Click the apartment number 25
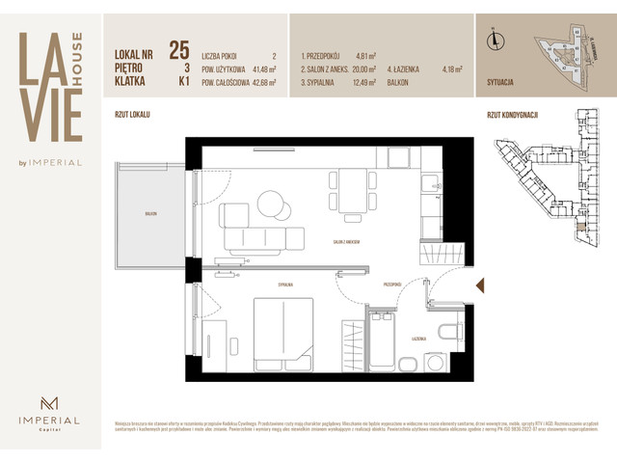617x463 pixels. (x=178, y=50)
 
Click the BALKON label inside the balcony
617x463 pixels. (x=150, y=214)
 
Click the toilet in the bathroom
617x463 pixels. (x=450, y=334)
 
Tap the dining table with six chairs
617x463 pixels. (x=353, y=190)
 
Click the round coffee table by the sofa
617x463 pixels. (x=273, y=204)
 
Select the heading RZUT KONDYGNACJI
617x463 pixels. (x=512, y=114)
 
